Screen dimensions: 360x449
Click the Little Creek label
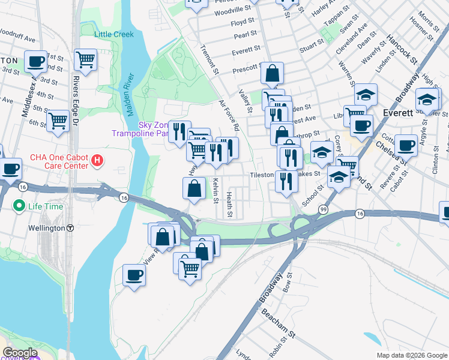[x=114, y=34]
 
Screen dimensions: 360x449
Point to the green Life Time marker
[x=19, y=206]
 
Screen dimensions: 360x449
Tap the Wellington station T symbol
[x=70, y=228]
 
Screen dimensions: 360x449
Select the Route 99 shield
[x=324, y=209]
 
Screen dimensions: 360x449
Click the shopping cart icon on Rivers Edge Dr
[x=86, y=59]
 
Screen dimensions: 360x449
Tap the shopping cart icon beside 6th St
[x=58, y=120]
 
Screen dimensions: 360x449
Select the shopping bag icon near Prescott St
[x=272, y=73]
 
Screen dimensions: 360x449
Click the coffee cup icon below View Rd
[x=134, y=275]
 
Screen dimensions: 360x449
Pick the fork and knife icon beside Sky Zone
[x=179, y=131]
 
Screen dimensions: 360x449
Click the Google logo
[x=20, y=353]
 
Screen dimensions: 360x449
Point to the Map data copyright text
[x=411, y=355]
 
